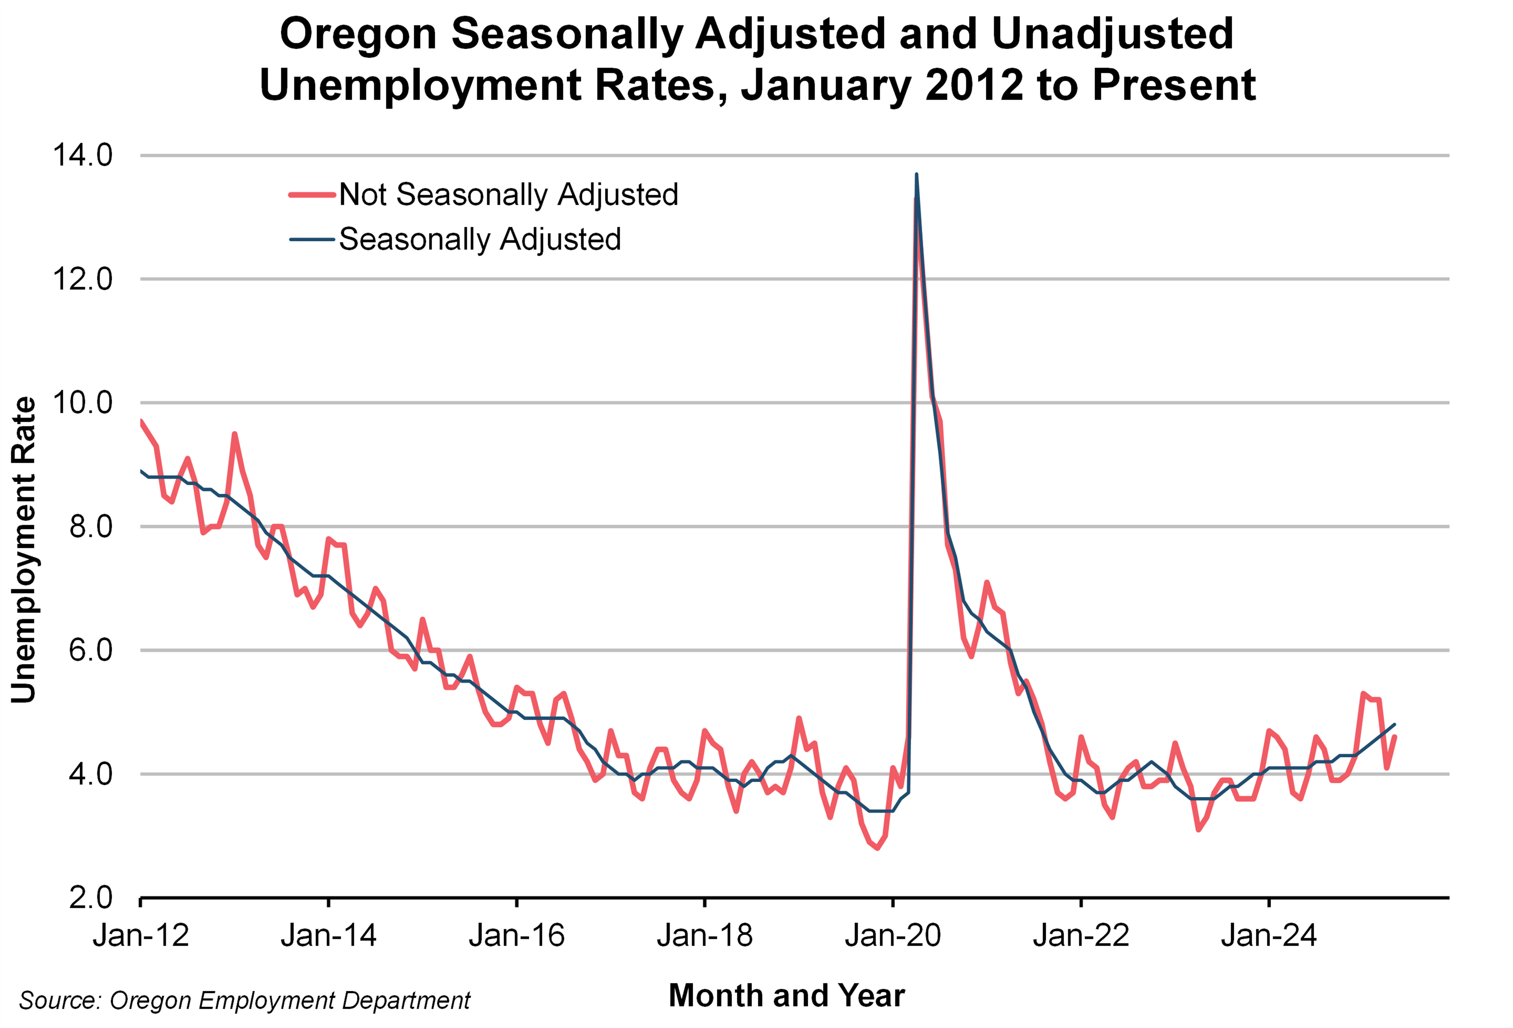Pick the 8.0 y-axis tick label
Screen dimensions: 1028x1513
coord(91,527)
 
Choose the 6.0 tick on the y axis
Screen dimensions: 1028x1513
coord(91,650)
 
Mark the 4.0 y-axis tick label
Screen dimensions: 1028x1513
coord(91,774)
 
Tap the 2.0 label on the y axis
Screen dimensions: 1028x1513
coord(91,898)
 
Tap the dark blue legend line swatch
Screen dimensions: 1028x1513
coord(313,240)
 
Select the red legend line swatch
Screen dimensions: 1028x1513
coord(313,195)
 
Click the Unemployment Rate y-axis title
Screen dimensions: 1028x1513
coord(24,550)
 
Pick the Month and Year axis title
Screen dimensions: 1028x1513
coord(787,995)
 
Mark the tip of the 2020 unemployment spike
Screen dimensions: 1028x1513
coord(917,175)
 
